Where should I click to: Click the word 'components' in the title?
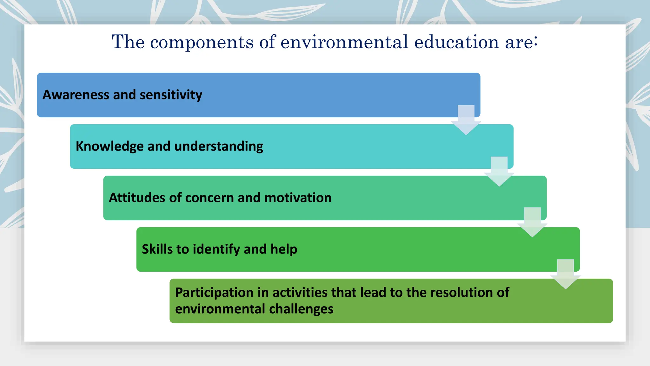[202, 42]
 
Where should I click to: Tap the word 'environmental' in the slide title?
[344, 42]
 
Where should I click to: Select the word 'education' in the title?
[457, 42]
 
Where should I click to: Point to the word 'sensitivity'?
[171, 95]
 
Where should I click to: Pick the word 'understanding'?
[219, 146]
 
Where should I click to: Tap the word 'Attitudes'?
[137, 198]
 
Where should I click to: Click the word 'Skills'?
[157, 249]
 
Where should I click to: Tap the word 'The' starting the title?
[128, 42]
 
